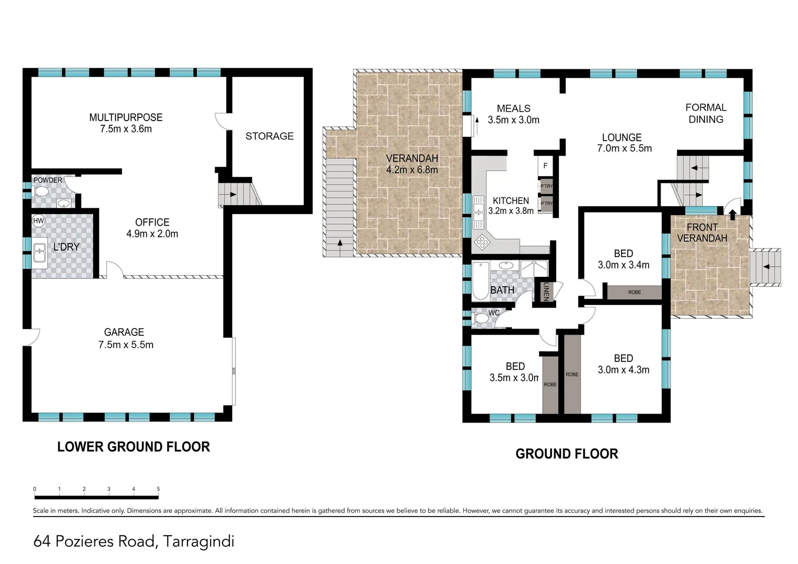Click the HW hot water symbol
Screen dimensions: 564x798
point(39,221)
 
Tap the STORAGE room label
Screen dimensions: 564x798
point(269,136)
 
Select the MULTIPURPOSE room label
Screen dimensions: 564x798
point(126,118)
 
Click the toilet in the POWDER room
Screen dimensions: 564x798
point(41,192)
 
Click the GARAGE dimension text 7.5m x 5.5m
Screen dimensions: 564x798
point(126,345)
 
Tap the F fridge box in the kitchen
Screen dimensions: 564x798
point(545,166)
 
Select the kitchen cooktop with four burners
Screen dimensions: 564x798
point(482,242)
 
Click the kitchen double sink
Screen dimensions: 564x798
point(478,213)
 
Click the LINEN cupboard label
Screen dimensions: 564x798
point(546,291)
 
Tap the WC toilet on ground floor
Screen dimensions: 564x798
point(480,318)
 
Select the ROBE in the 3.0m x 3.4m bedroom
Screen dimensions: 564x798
point(634,292)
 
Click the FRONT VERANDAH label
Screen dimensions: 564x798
point(702,233)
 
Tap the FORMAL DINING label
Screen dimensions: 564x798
point(706,113)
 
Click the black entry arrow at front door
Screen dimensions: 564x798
point(732,214)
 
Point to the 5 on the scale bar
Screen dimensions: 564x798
point(158,489)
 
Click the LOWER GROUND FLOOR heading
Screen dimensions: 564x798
point(134,447)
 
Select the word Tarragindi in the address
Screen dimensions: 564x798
point(198,542)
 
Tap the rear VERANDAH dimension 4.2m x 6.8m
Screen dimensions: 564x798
point(412,170)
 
